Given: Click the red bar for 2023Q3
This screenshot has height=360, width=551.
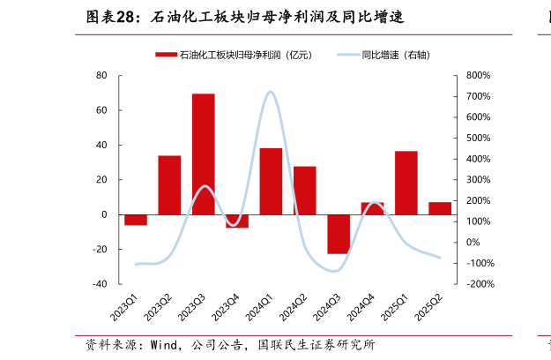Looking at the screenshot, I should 204,154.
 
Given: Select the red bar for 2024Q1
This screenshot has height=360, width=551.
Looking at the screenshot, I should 271,181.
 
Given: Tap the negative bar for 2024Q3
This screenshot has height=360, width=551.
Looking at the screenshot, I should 339,234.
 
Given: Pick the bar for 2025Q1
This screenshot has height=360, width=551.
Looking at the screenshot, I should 406,183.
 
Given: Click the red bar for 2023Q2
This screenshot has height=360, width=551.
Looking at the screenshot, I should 169,184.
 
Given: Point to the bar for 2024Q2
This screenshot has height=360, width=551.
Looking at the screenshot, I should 305,190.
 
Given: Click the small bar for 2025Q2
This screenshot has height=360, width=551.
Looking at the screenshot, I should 440,208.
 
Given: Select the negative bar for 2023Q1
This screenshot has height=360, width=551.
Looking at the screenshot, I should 136,220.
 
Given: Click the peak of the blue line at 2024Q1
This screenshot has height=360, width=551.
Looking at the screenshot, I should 270,92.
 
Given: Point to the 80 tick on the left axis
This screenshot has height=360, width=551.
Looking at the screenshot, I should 101,76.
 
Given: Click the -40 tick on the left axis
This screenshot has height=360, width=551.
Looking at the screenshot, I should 100,284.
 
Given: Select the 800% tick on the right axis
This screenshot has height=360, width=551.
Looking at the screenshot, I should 476,76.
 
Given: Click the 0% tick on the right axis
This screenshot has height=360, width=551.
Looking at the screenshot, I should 473,243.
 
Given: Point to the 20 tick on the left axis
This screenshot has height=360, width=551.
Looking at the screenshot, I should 101,180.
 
